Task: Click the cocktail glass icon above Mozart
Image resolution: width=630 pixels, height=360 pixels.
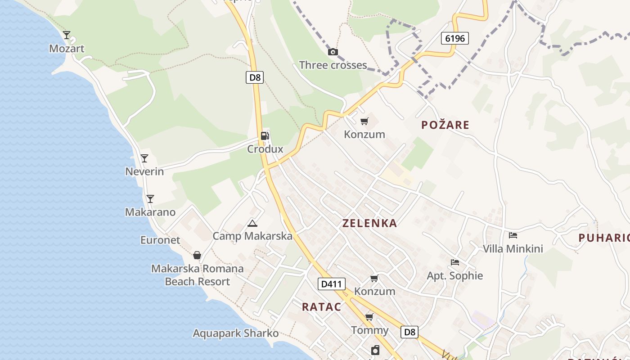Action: (67, 35)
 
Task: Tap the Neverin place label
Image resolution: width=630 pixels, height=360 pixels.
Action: (144, 171)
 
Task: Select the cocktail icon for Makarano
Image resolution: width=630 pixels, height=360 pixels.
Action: (150, 198)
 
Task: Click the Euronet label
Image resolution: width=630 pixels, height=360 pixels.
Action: (160, 240)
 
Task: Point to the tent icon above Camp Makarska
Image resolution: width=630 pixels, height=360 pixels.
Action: (252, 223)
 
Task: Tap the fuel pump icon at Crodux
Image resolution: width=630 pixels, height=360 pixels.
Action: (265, 135)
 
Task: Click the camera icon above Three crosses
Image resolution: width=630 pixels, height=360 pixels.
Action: (333, 52)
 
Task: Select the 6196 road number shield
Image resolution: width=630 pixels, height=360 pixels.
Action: (454, 38)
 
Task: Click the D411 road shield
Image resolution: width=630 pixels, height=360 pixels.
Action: (332, 284)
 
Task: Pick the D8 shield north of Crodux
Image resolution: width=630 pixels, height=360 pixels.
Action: (255, 77)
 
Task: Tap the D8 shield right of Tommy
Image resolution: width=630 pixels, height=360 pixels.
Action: (409, 332)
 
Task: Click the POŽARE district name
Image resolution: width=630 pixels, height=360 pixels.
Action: (445, 125)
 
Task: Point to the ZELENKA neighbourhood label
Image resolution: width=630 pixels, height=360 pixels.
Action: (369, 223)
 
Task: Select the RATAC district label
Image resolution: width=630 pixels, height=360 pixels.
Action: (321, 307)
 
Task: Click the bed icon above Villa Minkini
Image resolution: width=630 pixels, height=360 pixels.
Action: (513, 235)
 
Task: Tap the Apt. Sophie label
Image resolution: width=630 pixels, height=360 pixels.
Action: (454, 275)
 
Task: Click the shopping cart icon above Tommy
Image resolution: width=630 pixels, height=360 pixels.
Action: (369, 317)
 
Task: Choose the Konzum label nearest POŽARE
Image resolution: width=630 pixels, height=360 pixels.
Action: (364, 134)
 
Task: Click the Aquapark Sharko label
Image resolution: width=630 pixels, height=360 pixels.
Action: (236, 333)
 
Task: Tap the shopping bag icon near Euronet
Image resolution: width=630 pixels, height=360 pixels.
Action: (197, 255)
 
